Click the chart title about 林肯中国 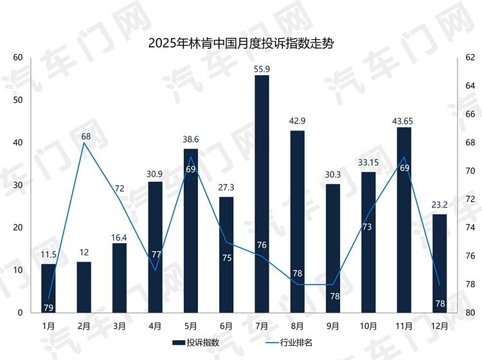click(240, 44)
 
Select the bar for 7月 click(262, 193)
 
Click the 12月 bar click(440, 264)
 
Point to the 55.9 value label click(262, 69)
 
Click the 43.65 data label click(404, 120)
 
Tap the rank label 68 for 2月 click(84, 136)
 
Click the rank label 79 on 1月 click(49, 307)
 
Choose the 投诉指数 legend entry click(195, 342)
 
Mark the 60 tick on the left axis click(18, 58)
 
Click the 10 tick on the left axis click(18, 271)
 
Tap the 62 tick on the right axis click(469, 58)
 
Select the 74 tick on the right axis click(469, 228)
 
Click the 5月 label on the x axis click(190, 326)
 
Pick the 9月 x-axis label click(333, 326)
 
